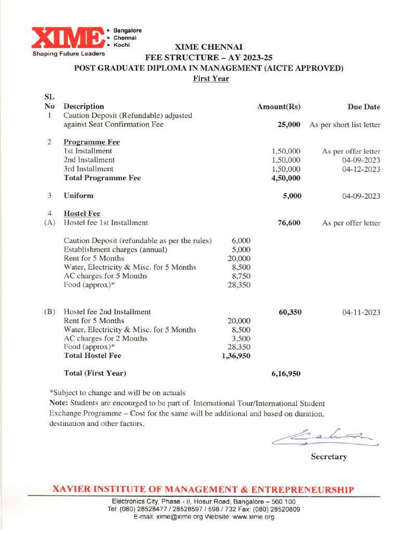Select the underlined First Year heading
[211, 79]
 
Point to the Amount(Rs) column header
[279, 107]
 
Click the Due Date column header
[364, 107]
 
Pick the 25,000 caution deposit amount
[287, 125]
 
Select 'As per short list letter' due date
[345, 125]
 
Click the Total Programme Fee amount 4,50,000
[286, 178]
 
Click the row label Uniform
[79, 196]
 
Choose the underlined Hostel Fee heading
[82, 213]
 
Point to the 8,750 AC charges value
[240, 276]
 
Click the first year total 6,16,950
[286, 374]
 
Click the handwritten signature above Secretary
[326, 435]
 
